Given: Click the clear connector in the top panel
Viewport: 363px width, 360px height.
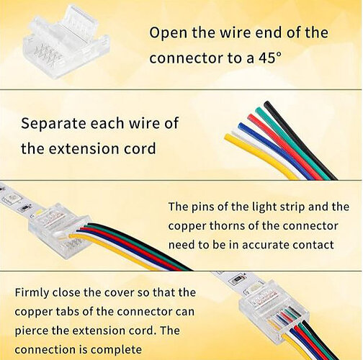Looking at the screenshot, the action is (x=66, y=43).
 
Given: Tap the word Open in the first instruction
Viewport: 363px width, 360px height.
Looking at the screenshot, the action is (x=168, y=34).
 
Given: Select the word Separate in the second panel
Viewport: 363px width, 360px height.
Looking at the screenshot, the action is (x=53, y=124).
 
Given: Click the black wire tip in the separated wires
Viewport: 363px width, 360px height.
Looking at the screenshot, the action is (x=267, y=104).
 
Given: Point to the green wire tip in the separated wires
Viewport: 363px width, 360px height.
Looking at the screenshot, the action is (x=259, y=111).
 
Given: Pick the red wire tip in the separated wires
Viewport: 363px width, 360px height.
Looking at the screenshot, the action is (x=251, y=117).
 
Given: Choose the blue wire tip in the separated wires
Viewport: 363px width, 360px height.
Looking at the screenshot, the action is (x=241, y=126).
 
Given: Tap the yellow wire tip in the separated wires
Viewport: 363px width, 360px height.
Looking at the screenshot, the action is (x=228, y=138).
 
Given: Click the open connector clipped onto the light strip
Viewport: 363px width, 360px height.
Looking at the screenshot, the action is (x=60, y=230).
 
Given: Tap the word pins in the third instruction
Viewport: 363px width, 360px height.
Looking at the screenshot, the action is (x=203, y=207).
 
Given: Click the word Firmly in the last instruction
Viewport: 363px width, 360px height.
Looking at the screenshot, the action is (x=32, y=293).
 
